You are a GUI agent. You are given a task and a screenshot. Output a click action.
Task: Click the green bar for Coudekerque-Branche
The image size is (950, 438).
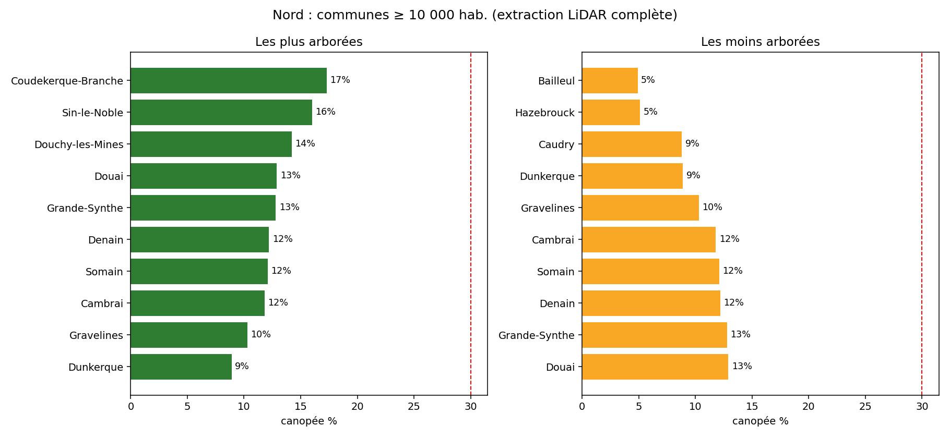[x=229, y=80]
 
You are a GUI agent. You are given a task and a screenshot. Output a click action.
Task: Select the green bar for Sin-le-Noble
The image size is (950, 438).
[x=221, y=112]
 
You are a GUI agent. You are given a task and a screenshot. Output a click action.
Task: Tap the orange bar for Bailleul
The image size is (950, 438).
[x=610, y=80]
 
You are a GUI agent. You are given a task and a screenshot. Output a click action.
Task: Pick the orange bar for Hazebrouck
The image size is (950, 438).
[x=611, y=112]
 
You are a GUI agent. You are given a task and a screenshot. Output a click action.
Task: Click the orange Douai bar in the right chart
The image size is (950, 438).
[x=655, y=367]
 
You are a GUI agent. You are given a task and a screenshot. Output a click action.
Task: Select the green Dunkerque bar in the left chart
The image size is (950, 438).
[x=181, y=367]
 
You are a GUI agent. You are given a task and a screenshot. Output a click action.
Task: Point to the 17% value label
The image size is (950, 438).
[x=340, y=80]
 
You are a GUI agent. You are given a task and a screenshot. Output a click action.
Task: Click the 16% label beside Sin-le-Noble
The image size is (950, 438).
[x=326, y=112]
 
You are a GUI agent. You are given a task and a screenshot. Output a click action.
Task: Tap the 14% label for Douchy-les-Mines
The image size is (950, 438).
[x=305, y=143]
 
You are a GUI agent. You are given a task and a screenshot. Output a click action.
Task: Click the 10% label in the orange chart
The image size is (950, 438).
[x=712, y=207]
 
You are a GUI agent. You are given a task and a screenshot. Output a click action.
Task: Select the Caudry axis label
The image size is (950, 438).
[x=556, y=144]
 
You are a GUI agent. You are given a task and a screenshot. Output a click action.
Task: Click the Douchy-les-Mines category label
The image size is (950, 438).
[x=79, y=144]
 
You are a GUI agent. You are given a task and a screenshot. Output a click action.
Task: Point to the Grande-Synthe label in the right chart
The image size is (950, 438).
[x=537, y=335]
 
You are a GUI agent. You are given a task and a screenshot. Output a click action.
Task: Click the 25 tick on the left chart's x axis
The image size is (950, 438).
[x=414, y=406]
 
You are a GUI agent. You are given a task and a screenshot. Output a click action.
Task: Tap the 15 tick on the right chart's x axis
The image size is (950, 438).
[x=752, y=406]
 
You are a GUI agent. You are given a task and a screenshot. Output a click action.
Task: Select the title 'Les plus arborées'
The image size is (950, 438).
[x=309, y=42]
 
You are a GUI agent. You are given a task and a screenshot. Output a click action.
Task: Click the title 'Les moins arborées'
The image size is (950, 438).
[x=761, y=42]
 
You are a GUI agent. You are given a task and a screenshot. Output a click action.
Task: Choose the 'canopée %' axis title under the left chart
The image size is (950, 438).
[x=309, y=421]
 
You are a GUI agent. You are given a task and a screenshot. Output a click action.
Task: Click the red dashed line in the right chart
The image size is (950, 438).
[x=922, y=224]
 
